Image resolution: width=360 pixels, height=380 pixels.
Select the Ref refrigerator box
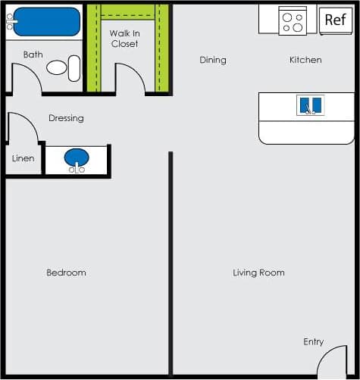(334, 20)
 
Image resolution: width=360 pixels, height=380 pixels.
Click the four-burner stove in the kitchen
(292, 20)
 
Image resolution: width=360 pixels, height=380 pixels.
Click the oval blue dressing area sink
(77, 158)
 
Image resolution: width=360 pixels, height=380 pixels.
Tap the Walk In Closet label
(124, 39)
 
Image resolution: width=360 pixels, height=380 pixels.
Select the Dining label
(213, 60)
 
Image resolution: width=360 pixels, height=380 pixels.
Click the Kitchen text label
(305, 60)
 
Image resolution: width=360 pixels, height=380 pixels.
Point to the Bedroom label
(66, 273)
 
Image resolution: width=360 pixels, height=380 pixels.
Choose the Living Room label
(258, 273)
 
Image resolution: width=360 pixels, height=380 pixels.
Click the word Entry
(314, 342)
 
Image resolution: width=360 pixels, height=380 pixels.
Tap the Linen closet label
(23, 159)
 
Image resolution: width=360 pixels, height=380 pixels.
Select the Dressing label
(66, 118)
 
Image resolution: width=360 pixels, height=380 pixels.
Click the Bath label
(33, 55)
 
